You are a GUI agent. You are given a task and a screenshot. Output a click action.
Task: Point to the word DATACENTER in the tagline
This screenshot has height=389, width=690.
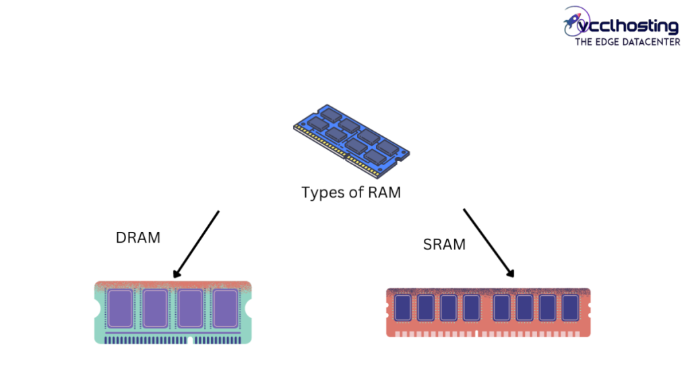click(x=652, y=42)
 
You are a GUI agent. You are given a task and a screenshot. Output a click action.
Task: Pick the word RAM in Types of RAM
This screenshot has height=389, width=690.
click(x=384, y=193)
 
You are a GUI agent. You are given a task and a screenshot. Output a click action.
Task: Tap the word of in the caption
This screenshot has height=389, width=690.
click(x=354, y=193)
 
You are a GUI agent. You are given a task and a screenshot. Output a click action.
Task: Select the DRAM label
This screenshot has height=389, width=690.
click(x=138, y=237)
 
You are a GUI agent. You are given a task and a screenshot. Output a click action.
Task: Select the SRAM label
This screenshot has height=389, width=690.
click(x=444, y=245)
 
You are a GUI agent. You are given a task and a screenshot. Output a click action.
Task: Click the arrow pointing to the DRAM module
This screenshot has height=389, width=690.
click(x=196, y=244)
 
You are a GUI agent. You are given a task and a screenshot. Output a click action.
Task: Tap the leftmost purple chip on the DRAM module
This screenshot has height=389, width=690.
click(x=120, y=309)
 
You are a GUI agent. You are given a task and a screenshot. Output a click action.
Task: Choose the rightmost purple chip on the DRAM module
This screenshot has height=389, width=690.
click(x=225, y=309)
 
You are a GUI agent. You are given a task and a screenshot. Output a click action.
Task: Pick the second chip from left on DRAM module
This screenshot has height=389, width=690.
click(x=155, y=309)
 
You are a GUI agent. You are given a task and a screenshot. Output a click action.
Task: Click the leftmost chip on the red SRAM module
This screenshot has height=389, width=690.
click(x=402, y=307)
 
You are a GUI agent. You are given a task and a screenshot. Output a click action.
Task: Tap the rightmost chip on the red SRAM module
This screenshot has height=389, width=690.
click(x=570, y=307)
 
